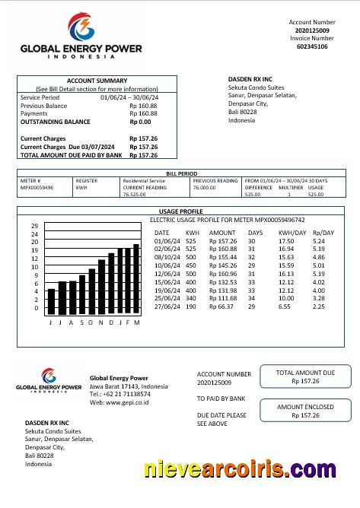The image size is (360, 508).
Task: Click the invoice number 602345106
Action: pyautogui.click(x=312, y=46)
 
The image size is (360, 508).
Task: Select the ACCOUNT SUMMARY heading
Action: pyautogui.click(x=97, y=81)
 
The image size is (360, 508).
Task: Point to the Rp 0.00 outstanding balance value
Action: pyautogui.click(x=140, y=122)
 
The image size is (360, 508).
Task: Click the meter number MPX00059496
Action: pyautogui.click(x=37, y=187)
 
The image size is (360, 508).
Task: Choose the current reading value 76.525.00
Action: pyautogui.click(x=134, y=195)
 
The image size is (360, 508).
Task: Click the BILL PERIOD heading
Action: pyautogui.click(x=181, y=174)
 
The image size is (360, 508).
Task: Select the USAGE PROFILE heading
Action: pyautogui.click(x=180, y=211)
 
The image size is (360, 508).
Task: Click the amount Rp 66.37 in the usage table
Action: pyautogui.click(x=221, y=307)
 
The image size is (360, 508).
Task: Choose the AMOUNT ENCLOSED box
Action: pyautogui.click(x=305, y=411)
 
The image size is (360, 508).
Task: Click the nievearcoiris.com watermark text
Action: pyautogui.click(x=239, y=470)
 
